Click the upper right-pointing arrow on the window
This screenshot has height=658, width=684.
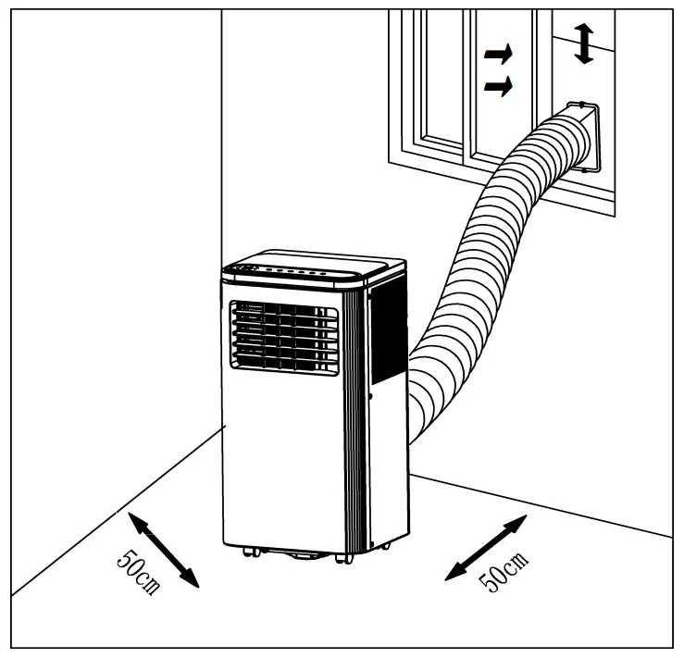(498, 56)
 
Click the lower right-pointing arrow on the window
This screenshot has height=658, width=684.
(498, 87)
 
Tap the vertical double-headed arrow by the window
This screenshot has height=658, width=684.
(583, 43)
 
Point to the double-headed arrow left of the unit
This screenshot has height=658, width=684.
(164, 551)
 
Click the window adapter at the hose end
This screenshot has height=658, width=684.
(583, 139)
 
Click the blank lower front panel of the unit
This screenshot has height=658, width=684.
(282, 453)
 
